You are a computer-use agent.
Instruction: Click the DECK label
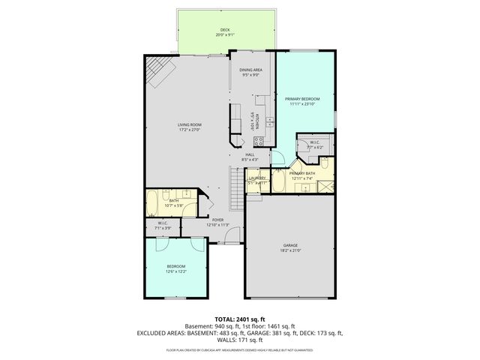coord(225,29)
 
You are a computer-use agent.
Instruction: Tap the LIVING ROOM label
coord(190,124)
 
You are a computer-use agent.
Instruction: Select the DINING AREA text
coord(250,70)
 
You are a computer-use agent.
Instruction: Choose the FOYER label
coord(196,220)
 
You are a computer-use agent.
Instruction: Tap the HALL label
coord(250,154)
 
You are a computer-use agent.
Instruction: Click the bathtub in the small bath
coord(152,201)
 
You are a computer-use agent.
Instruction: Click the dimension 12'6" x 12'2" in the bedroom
coord(175,271)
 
